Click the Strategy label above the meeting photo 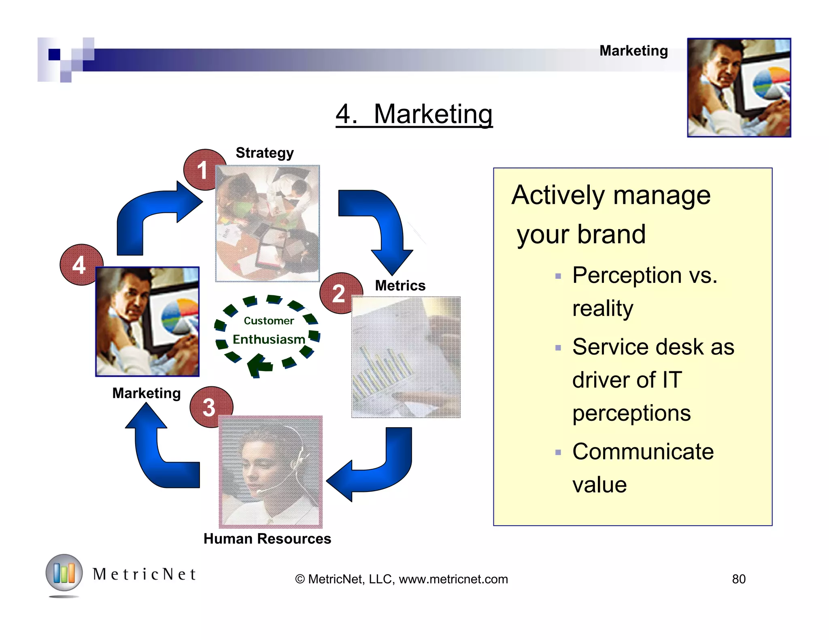264,153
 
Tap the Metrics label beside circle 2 400,286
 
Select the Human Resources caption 267,538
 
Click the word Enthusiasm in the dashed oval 269,339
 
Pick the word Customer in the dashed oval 269,321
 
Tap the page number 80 738,579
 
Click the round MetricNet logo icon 64,573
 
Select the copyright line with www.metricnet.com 401,579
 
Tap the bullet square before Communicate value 558,452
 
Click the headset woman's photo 270,471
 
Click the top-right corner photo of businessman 739,87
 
